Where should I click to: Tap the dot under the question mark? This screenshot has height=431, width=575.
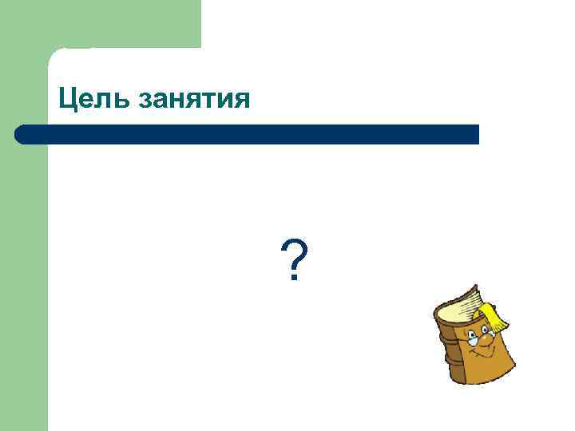coord(295,279)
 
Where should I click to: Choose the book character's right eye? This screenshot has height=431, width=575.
coord(485,329)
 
